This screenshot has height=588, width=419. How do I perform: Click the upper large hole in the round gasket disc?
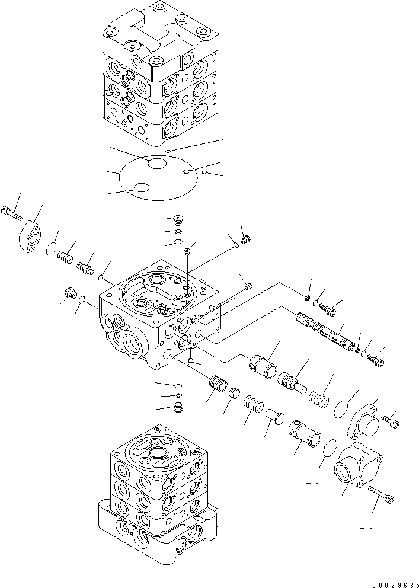click(158, 164)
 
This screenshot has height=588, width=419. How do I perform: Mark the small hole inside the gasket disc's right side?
click(187, 172)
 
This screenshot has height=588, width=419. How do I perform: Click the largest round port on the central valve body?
click(132, 344)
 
